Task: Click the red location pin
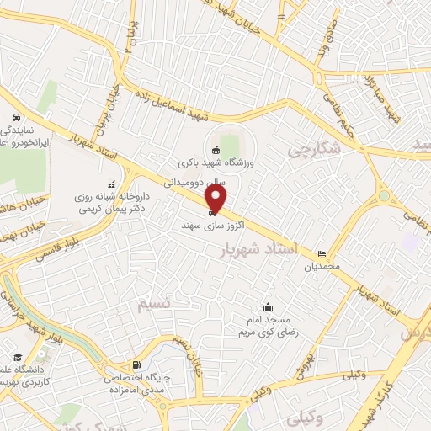(216, 199)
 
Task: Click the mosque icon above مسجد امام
(268, 307)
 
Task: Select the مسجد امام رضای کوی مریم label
(268, 327)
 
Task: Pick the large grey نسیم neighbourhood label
(157, 301)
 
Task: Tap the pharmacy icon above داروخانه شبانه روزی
(110, 184)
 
